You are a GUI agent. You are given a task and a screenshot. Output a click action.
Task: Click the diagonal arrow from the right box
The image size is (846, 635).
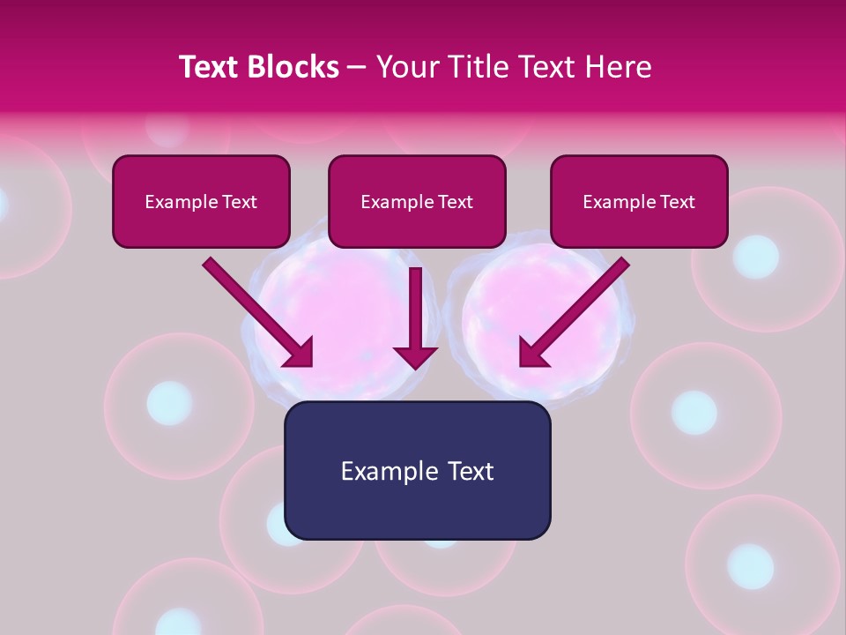point(582,304)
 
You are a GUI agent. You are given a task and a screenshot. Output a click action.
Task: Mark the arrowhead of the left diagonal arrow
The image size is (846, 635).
point(300,352)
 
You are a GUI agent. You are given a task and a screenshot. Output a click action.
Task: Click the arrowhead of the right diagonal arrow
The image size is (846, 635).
point(533,352)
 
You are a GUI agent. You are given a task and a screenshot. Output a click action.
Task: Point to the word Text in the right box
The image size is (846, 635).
point(677,202)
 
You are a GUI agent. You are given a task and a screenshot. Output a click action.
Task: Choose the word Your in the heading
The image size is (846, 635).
point(404,67)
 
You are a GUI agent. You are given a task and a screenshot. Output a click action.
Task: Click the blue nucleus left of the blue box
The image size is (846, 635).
point(169,403)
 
